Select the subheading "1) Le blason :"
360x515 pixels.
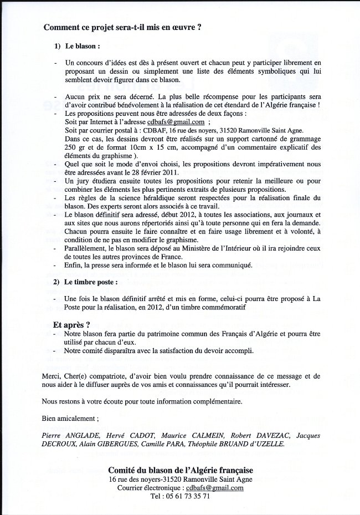coord(77,46)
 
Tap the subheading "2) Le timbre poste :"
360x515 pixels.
coord(86,282)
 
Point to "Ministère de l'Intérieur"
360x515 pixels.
coord(187,249)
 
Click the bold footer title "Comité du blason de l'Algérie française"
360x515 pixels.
coord(181,470)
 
